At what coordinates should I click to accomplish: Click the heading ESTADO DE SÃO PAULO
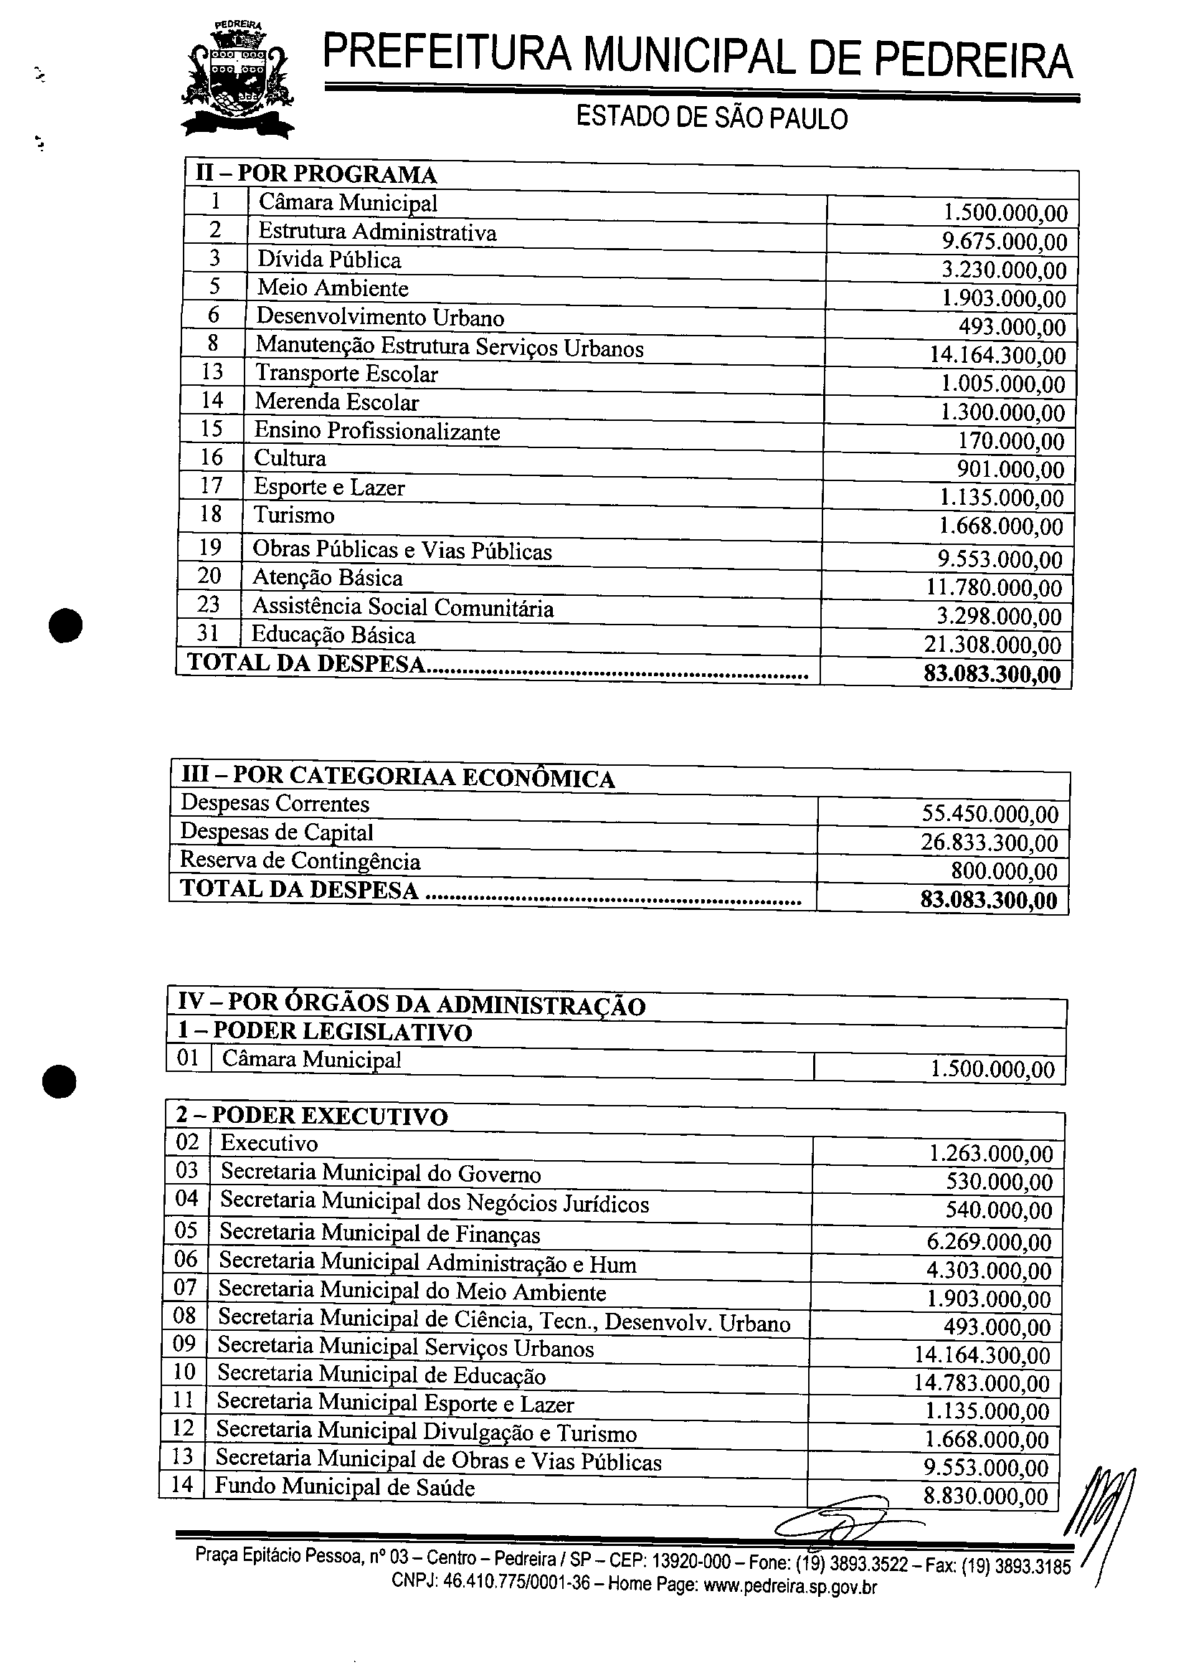pyautogui.click(x=711, y=118)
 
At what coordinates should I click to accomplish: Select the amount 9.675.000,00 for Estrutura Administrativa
pyautogui.click(x=1004, y=242)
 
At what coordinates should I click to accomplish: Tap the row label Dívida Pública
pyautogui.click(x=328, y=261)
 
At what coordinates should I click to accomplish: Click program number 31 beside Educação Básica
pyautogui.click(x=208, y=633)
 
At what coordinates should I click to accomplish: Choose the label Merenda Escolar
pyautogui.click(x=337, y=402)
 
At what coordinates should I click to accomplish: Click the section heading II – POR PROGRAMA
pyautogui.click(x=316, y=174)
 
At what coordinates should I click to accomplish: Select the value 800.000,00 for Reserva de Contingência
pyautogui.click(x=1003, y=871)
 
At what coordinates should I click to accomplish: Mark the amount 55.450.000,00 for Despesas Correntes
pyautogui.click(x=990, y=814)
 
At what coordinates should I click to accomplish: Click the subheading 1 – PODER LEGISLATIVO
pyautogui.click(x=324, y=1033)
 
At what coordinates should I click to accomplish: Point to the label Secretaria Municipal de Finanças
pyautogui.click(x=380, y=1235)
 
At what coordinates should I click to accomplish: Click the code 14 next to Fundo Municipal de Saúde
pyautogui.click(x=183, y=1484)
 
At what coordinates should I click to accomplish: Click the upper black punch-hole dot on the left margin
pyautogui.click(x=66, y=626)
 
